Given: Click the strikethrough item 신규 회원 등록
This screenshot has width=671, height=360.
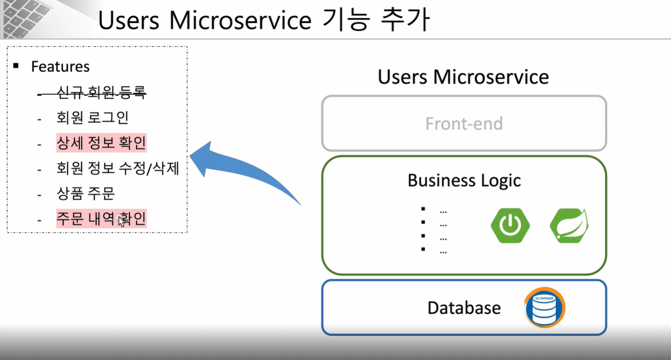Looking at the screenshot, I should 101,92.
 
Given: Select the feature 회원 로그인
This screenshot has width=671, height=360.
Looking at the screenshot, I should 92,117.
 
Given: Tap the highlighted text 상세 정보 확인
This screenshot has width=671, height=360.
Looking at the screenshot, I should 101,143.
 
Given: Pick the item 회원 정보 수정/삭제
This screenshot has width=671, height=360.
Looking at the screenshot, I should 117,168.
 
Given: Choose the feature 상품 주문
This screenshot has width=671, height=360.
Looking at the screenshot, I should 85,193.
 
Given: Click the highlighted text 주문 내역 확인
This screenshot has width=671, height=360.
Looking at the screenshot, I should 101,218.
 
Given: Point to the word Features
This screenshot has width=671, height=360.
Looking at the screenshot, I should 60,67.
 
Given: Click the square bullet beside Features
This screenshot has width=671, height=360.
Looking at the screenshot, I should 16,66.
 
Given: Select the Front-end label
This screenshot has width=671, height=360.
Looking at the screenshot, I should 464,124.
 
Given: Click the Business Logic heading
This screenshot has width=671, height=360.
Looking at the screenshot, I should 464,180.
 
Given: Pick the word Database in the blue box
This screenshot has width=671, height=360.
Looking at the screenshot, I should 464,308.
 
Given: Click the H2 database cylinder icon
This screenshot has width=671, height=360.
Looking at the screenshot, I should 545,308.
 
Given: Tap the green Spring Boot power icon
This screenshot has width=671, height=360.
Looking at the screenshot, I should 510,226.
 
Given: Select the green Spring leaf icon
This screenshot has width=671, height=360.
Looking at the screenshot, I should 569,226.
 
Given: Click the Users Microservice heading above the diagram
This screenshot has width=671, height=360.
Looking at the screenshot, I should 463,77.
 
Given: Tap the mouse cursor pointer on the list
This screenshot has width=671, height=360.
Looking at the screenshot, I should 121,221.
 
